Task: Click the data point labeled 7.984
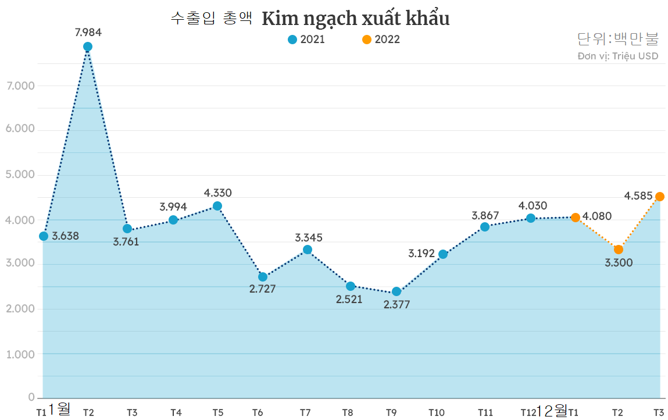click(x=88, y=47)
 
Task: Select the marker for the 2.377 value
click(x=396, y=291)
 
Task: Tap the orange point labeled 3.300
click(x=619, y=250)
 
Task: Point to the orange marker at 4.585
click(x=660, y=197)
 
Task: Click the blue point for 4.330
click(x=217, y=206)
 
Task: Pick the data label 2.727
click(x=262, y=289)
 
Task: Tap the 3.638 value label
click(x=65, y=236)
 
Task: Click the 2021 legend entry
click(x=306, y=40)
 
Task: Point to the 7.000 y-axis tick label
click(x=20, y=86)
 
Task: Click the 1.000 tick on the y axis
click(x=20, y=354)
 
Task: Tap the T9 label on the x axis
click(x=391, y=412)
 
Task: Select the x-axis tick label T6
click(x=258, y=412)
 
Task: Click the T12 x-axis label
click(x=528, y=412)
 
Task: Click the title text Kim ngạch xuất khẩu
click(x=356, y=19)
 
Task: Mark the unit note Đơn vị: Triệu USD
click(x=618, y=56)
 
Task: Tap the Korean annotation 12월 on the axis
click(x=552, y=411)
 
